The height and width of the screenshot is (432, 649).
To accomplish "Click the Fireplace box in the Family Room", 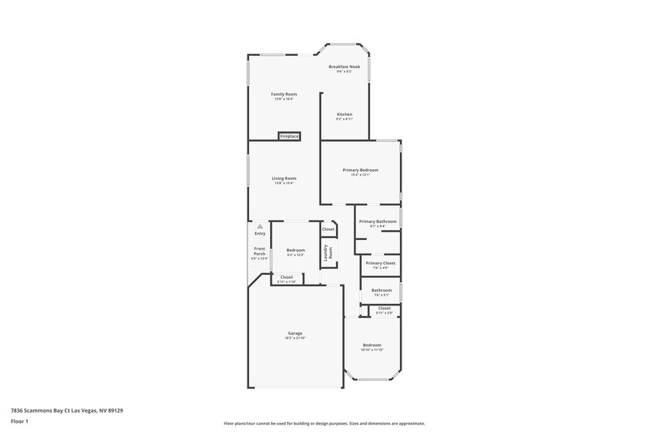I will [x=290, y=136].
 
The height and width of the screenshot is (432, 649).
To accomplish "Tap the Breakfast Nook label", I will [x=344, y=66].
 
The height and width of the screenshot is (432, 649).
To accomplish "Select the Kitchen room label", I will [x=345, y=114].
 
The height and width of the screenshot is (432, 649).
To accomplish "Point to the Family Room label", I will [x=284, y=94].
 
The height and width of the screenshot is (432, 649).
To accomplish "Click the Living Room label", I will [x=284, y=178].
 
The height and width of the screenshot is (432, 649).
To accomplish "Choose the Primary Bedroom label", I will [x=360, y=169].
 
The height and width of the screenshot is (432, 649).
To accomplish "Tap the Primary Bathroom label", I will [x=378, y=221].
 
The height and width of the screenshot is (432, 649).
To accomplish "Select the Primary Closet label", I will [x=380, y=263].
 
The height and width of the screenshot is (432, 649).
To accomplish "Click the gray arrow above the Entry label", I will [x=260, y=226].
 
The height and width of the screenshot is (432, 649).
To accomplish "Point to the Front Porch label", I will [x=260, y=251].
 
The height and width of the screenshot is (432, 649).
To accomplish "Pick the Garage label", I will [x=294, y=333].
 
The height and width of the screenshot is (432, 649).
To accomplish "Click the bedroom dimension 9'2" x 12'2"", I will [x=295, y=255].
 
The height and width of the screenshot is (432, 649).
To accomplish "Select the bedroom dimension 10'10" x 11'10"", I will [x=372, y=350].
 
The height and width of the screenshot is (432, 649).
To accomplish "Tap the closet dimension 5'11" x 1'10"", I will [x=286, y=281].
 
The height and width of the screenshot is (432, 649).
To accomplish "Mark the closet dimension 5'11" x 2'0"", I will [x=385, y=313].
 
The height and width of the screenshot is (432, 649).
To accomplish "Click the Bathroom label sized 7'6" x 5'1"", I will [x=381, y=290].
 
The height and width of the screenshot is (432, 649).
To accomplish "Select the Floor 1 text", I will [x=20, y=422].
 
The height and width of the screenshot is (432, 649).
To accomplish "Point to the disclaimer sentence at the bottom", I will [x=324, y=423].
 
